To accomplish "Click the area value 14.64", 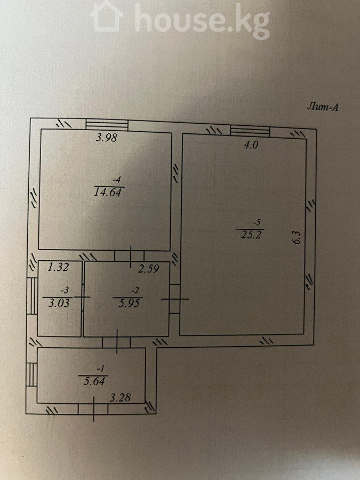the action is click(x=108, y=193).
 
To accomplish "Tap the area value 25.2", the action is click(x=251, y=235).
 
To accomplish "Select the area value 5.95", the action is click(x=129, y=303).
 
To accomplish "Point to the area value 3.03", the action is click(x=59, y=303).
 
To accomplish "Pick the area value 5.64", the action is click(x=94, y=381).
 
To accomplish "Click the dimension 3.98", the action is click(x=107, y=138).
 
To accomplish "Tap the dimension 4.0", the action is click(x=251, y=145).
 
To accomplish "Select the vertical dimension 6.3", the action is click(x=297, y=237).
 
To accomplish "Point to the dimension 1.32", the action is click(x=59, y=267).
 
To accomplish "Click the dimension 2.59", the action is click(x=148, y=269).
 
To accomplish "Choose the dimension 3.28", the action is click(x=120, y=397).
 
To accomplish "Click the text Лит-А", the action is click(x=323, y=107).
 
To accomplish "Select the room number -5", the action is click(x=255, y=222).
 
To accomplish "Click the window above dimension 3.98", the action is click(x=107, y=125).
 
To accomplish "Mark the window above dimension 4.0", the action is click(x=250, y=131).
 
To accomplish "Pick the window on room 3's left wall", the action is click(x=32, y=295).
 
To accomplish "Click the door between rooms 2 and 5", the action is click(x=174, y=299).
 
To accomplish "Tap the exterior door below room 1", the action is click(x=93, y=409).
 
